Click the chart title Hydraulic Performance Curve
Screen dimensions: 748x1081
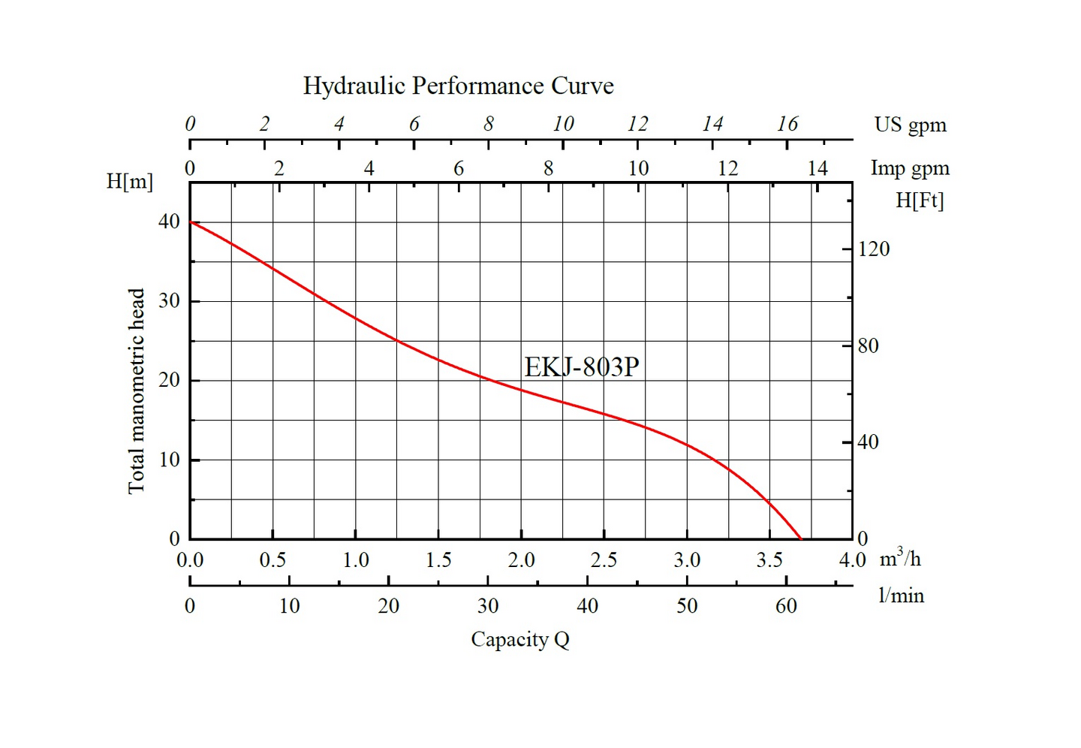click(x=458, y=86)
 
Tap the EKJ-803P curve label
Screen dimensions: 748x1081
click(x=581, y=367)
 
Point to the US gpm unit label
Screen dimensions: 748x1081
click(x=910, y=125)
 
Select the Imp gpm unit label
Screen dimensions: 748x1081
click(x=910, y=168)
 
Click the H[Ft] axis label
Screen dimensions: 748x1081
click(x=920, y=201)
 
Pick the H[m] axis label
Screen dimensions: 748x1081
click(x=130, y=181)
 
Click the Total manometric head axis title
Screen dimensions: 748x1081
click(x=136, y=391)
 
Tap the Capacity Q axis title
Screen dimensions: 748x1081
click(x=520, y=640)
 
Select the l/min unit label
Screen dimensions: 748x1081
click(x=901, y=596)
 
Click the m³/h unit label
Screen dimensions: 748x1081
click(x=899, y=558)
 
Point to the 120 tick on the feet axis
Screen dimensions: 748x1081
click(x=874, y=249)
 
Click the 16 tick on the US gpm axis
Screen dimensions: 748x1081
click(x=787, y=124)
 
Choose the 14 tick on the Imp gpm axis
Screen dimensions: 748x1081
click(x=818, y=168)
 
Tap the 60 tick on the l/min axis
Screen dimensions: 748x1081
click(x=786, y=606)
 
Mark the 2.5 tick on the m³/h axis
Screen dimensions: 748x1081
click(x=604, y=560)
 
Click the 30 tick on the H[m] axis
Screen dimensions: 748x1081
click(x=169, y=301)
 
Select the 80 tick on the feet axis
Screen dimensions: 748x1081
click(x=868, y=345)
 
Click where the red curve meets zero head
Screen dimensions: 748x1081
click(x=801, y=538)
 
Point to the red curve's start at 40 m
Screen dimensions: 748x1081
click(x=191, y=222)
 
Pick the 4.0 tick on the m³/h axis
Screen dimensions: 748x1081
click(x=852, y=560)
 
